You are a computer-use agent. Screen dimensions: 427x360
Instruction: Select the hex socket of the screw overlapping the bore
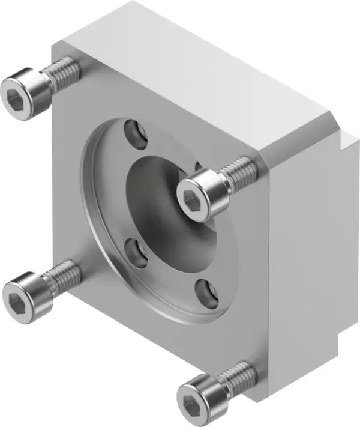point(193,203)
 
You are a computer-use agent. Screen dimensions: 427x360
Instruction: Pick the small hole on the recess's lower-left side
point(137,253)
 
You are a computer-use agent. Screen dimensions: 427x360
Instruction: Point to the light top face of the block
point(198,72)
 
